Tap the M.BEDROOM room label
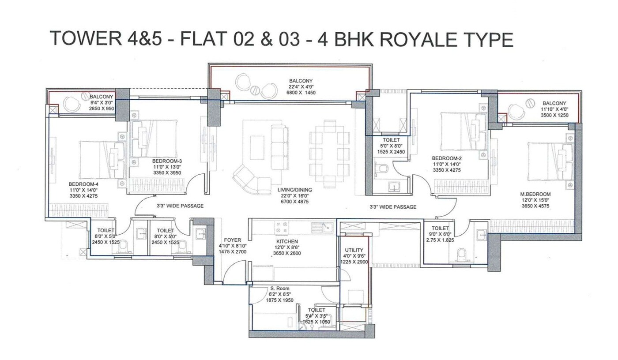tap(535, 194)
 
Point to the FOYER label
tap(232, 240)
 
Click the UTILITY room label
tap(354, 250)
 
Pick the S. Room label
tap(280, 289)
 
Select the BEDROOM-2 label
tap(447, 158)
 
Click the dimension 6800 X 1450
tap(301, 93)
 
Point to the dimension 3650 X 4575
tap(535, 206)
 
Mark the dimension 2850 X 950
tap(102, 108)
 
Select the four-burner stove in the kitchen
tap(281, 227)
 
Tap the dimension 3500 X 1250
tap(554, 115)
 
